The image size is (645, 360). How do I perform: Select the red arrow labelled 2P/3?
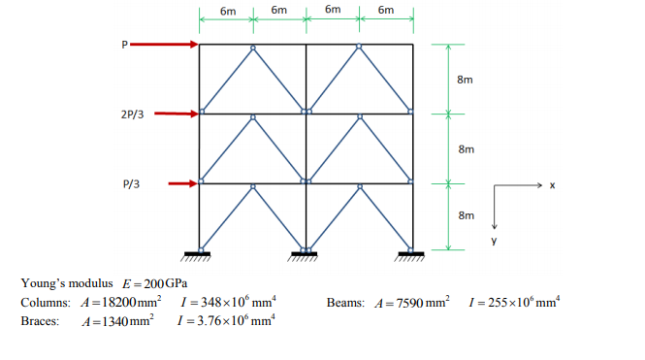177,114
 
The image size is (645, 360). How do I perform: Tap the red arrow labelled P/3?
182,182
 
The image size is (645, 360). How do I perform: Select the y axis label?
493,238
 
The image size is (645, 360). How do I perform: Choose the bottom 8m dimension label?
465,216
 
